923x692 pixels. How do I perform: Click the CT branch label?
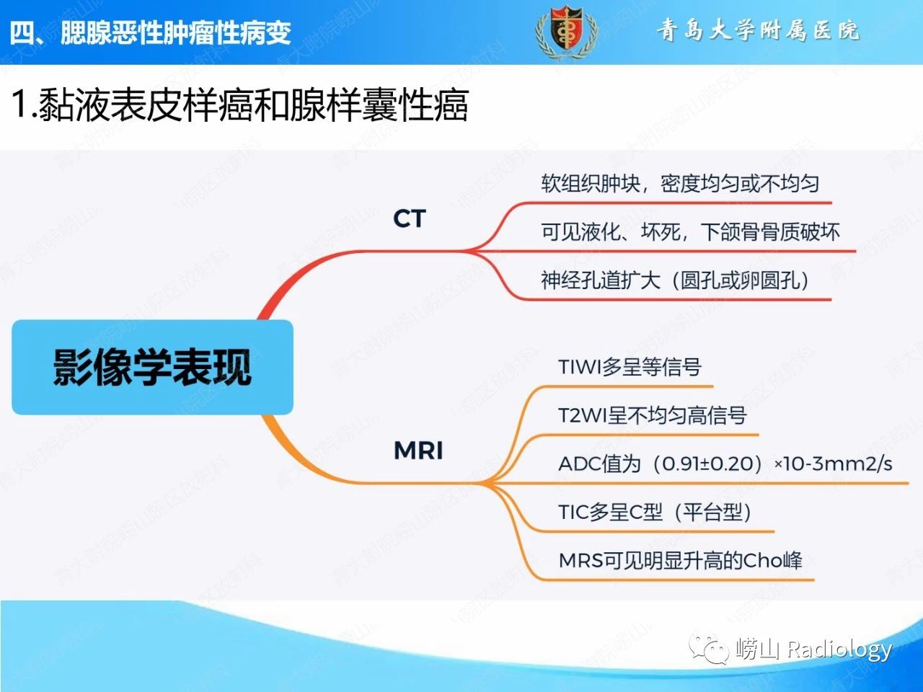point(409,218)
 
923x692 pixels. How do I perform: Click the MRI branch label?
point(418,451)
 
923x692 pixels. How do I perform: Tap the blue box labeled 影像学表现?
point(152,367)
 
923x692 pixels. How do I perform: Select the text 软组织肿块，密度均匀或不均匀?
point(680,184)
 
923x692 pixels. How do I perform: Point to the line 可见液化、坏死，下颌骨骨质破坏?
point(690,232)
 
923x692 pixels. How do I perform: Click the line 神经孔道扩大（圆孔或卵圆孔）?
point(676,280)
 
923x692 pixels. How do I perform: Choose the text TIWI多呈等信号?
point(630,367)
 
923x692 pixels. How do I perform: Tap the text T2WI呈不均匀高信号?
point(652,415)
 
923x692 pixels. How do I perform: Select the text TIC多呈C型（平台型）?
point(655,513)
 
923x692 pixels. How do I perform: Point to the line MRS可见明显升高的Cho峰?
point(681,561)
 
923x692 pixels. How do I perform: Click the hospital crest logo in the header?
point(566,32)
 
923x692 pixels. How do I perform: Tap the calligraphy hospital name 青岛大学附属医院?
point(758,30)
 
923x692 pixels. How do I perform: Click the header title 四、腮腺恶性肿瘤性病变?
point(150,32)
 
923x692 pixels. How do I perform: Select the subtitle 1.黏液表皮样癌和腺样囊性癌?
point(240,105)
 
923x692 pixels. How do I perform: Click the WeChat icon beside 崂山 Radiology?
point(708,649)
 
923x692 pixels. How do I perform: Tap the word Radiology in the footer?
point(839,649)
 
